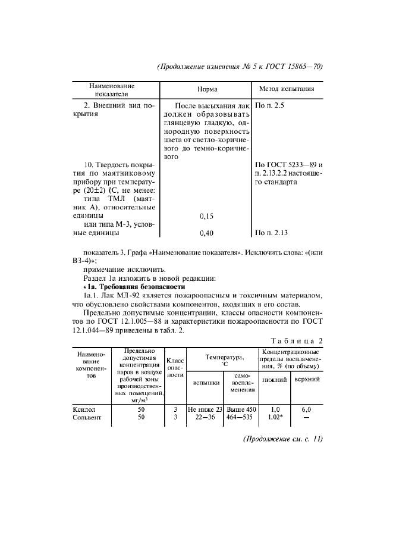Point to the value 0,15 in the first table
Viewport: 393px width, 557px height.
(x=206, y=215)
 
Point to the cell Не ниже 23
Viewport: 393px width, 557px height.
(x=205, y=409)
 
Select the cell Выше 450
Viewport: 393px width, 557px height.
(x=241, y=409)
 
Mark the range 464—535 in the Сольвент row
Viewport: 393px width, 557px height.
(x=241, y=418)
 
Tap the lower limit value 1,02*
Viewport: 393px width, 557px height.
(x=275, y=418)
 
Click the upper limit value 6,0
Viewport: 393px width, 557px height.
(x=306, y=409)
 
